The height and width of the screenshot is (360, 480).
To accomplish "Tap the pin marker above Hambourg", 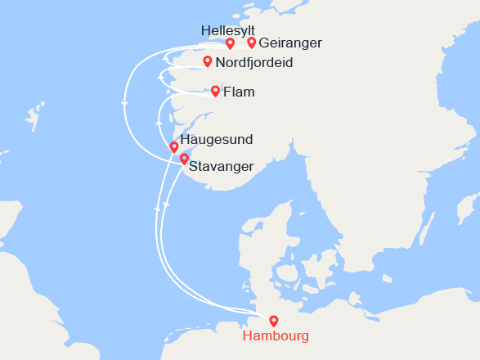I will click(273, 322).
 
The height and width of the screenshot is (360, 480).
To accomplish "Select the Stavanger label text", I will click(221, 167).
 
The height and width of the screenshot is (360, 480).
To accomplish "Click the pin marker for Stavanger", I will click(185, 159).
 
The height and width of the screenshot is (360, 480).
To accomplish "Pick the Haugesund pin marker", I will click(173, 147).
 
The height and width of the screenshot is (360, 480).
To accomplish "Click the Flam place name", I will click(239, 92).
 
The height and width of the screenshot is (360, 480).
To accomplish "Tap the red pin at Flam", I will click(215, 91).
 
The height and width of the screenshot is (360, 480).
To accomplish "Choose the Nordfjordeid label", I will click(254, 63).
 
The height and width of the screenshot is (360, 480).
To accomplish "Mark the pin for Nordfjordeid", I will click(208, 61).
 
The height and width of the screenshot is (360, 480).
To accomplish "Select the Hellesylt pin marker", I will click(231, 43).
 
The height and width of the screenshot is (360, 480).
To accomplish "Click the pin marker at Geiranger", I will click(252, 43).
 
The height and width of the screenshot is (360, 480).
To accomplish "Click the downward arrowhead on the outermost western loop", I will click(124, 103).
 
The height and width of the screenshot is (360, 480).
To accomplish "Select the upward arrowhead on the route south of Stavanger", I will click(156, 210).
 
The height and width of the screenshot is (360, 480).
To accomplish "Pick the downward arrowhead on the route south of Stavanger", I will click(165, 205).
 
